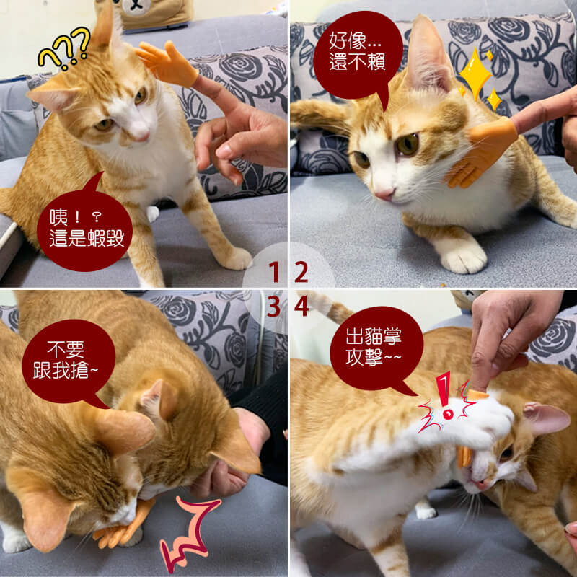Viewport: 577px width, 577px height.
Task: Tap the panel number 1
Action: pyautogui.click(x=274, y=272)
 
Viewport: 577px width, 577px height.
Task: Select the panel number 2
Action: pyautogui.click(x=301, y=272)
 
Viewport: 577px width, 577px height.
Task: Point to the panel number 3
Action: pyautogui.click(x=274, y=307)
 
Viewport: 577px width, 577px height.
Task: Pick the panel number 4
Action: pyautogui.click(x=301, y=307)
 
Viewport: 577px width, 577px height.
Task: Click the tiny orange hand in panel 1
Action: pyautogui.click(x=167, y=63)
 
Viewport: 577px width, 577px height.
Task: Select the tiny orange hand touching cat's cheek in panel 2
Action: pyautogui.click(x=478, y=151)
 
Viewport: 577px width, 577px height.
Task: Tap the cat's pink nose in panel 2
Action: pyautogui.click(x=384, y=193)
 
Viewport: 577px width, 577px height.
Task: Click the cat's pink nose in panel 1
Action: pyautogui.click(x=143, y=136)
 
